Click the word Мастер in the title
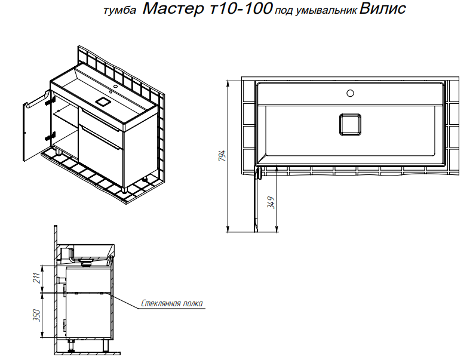(173, 8)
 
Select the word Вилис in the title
(382, 8)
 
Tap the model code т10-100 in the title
(241, 8)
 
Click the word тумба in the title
(120, 11)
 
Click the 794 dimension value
(223, 155)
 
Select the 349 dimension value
(271, 202)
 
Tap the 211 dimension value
(37, 278)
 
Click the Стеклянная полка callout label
(172, 303)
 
